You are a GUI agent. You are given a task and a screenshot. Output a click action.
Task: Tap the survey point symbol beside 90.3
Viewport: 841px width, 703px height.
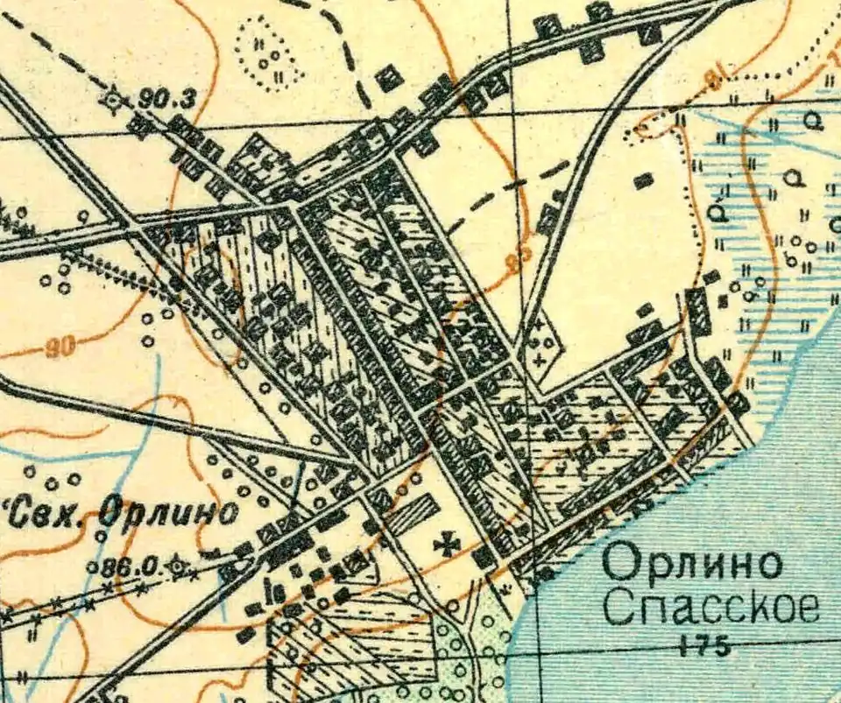pos(113,99)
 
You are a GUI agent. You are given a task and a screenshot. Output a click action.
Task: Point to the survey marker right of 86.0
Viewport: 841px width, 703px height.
pos(180,567)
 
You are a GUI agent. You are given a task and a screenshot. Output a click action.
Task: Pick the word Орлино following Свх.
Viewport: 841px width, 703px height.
pos(166,511)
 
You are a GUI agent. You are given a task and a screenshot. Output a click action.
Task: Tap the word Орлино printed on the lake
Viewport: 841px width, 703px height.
pos(692,564)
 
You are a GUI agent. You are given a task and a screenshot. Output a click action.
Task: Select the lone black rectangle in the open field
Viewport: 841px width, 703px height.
pos(644,180)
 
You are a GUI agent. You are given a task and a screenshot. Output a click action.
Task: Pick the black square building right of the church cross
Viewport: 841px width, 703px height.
pos(484,557)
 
